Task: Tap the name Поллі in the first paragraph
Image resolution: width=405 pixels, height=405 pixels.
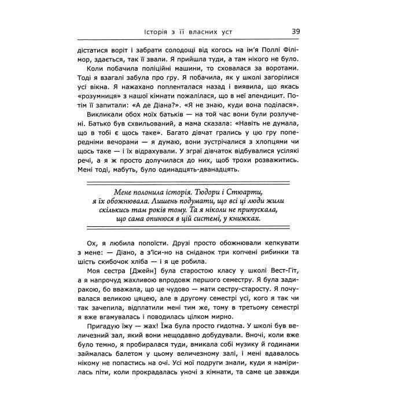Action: (270, 49)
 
